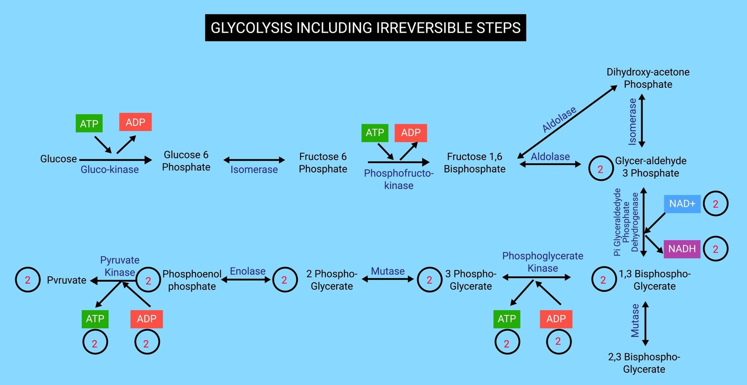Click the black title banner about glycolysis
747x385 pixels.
(x=366, y=28)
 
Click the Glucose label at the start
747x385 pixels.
(x=58, y=159)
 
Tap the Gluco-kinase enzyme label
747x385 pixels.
(x=110, y=170)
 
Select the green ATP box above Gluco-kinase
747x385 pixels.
(x=89, y=124)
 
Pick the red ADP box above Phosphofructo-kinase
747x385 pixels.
(x=411, y=133)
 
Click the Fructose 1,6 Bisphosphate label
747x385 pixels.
(x=474, y=163)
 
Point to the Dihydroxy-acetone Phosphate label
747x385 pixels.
(x=648, y=78)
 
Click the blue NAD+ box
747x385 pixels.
(x=682, y=204)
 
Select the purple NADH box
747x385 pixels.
(x=682, y=249)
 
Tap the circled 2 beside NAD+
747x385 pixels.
(x=715, y=204)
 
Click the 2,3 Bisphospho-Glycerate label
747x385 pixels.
(x=644, y=363)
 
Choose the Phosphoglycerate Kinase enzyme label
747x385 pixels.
(x=543, y=262)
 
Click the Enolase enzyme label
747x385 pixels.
(x=247, y=271)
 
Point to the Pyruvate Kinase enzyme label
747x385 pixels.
(x=120, y=266)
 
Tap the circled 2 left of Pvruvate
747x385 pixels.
(x=28, y=280)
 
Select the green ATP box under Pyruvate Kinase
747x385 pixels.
(x=95, y=319)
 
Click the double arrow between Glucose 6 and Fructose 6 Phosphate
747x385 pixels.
(x=254, y=160)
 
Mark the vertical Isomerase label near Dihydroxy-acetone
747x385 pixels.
(x=632, y=121)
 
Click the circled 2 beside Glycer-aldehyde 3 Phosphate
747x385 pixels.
(x=600, y=169)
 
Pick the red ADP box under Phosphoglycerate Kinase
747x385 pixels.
(x=556, y=319)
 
